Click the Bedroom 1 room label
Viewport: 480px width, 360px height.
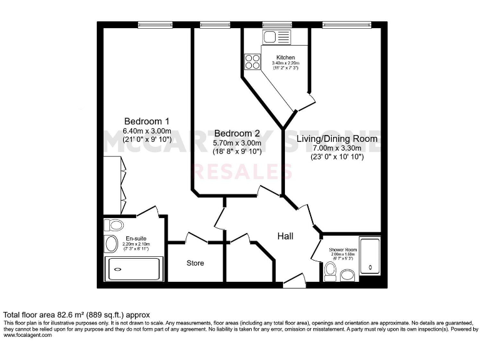pos(147,121)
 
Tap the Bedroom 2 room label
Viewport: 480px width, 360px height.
pos(237,133)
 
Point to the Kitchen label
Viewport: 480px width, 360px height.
pos(285,57)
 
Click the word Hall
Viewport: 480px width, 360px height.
pos(286,236)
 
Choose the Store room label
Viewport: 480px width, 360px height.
pos(195,262)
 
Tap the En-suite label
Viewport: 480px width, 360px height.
pos(136,238)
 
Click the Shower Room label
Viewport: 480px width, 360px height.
pos(342,250)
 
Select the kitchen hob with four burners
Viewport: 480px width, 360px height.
pos(252,61)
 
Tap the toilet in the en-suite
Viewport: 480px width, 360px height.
pos(115,225)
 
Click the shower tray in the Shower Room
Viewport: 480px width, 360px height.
pos(369,256)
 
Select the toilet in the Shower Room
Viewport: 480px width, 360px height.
pos(331,271)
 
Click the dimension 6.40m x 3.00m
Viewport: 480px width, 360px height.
pos(147,131)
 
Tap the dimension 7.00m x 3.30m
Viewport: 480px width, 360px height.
pos(337,148)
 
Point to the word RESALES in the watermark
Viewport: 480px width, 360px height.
pos(245,171)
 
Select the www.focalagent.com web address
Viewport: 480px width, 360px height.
pos(28,335)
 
